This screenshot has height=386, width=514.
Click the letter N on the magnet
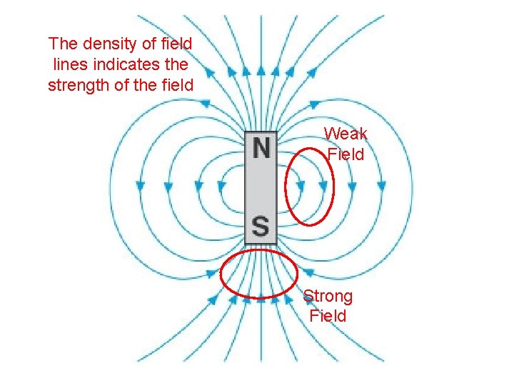261,149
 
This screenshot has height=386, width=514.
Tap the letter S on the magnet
261,227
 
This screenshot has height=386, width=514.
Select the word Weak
346,134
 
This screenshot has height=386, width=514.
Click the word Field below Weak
346,154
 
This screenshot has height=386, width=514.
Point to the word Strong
328,296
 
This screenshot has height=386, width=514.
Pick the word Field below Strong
328,316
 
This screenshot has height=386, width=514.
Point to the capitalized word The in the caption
62,44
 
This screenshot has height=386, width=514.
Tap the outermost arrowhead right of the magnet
381,185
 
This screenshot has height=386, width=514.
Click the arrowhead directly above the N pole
261,71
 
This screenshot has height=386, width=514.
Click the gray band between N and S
261,188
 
